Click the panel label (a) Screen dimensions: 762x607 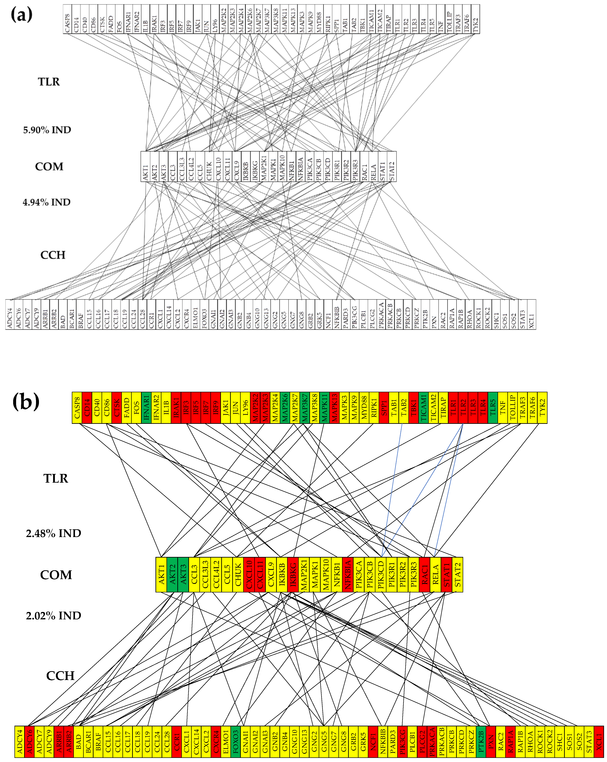(22, 15)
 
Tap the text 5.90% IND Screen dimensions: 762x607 (47, 130)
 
